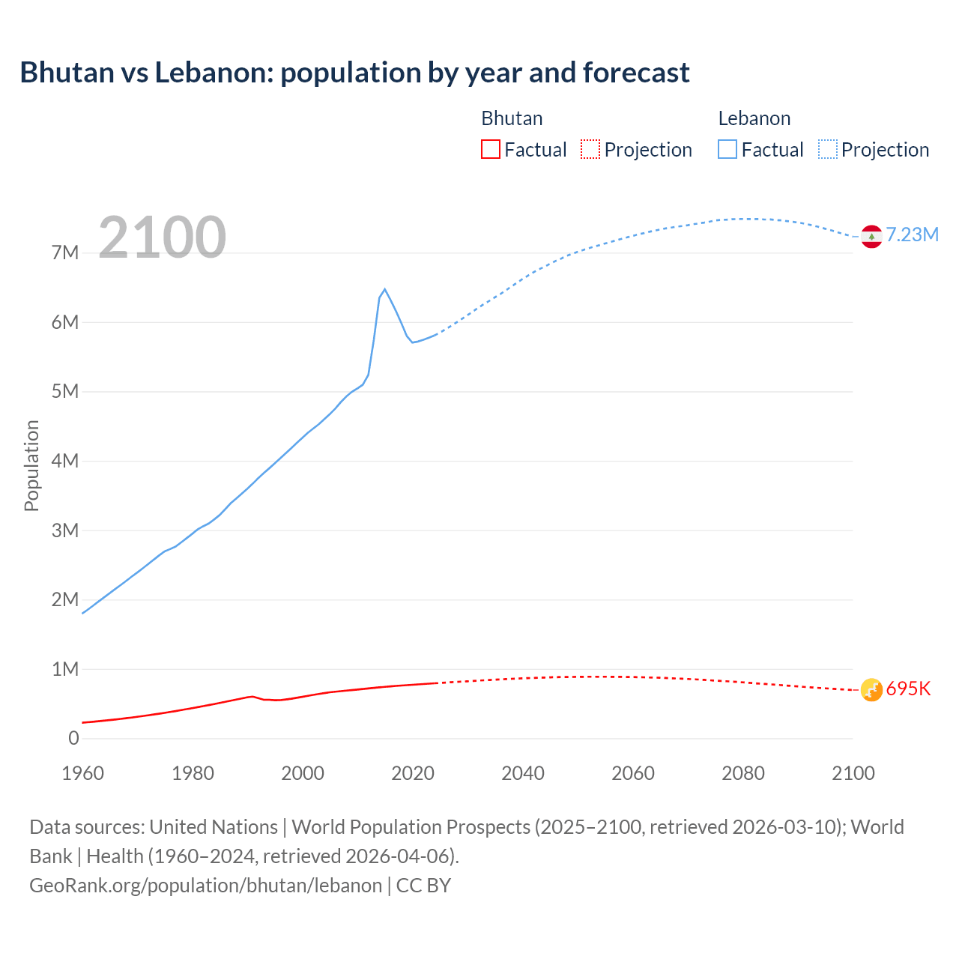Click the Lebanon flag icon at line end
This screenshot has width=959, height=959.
click(871, 236)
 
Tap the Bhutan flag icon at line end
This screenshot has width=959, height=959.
click(871, 689)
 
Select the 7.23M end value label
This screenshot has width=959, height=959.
click(913, 235)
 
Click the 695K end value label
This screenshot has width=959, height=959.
click(908, 689)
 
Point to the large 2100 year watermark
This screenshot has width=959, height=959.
click(162, 238)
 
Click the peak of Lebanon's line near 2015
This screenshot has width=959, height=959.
click(384, 289)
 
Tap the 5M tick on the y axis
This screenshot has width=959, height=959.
click(65, 392)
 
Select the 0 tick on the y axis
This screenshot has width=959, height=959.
click(73, 739)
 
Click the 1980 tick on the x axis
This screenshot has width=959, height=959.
click(193, 774)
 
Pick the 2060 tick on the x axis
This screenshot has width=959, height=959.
click(633, 774)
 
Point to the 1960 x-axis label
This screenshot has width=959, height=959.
click(82, 774)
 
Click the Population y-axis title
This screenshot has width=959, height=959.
click(31, 466)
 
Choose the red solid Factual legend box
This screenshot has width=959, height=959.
click(490, 150)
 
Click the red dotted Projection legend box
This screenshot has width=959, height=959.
click(590, 150)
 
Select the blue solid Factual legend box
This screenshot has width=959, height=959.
click(727, 150)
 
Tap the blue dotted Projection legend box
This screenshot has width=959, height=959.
click(827, 150)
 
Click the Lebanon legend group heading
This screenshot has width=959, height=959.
click(754, 118)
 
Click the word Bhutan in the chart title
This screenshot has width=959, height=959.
click(64, 73)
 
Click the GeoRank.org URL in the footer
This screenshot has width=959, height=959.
click(205, 886)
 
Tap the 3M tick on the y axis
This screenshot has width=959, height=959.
click(65, 530)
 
